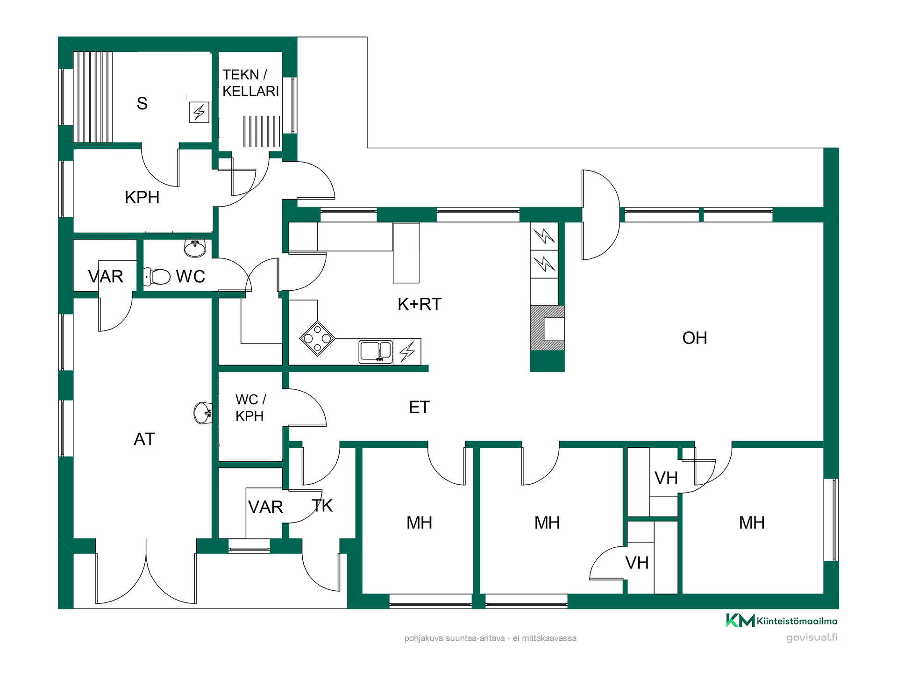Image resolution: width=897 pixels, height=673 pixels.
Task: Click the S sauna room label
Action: pyautogui.click(x=142, y=103)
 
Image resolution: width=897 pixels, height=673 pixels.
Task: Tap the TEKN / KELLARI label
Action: pyautogui.click(x=250, y=83)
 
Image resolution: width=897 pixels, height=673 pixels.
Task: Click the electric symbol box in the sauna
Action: pyautogui.click(x=199, y=112)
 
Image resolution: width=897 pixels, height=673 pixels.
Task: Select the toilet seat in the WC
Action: pyautogui.click(x=157, y=277)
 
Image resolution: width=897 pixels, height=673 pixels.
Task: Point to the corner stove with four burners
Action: pyautogui.click(x=317, y=338)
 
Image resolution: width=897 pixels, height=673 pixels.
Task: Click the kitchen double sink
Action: pyautogui.click(x=376, y=352)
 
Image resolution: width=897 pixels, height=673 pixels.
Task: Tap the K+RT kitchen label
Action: pyautogui.click(x=419, y=304)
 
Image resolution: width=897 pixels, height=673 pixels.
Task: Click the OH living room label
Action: pyautogui.click(x=694, y=338)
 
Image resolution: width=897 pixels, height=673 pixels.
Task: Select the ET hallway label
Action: pyautogui.click(x=419, y=408)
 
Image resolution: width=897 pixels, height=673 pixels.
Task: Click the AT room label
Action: pyautogui.click(x=144, y=439)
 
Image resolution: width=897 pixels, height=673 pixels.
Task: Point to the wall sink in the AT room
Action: pyautogui.click(x=203, y=413)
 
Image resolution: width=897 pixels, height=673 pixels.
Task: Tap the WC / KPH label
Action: pyautogui.click(x=250, y=408)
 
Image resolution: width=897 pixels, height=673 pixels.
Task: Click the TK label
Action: pyautogui.click(x=322, y=506)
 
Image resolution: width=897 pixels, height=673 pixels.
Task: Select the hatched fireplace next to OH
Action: pyautogui.click(x=547, y=328)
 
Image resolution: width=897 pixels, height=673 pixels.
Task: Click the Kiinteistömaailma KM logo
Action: pyautogui.click(x=782, y=621)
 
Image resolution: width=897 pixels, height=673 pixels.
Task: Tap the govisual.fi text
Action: pyautogui.click(x=812, y=637)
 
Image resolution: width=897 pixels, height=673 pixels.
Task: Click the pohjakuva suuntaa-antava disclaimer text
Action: pyautogui.click(x=491, y=638)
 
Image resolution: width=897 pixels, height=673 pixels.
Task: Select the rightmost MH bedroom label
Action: pyautogui.click(x=752, y=523)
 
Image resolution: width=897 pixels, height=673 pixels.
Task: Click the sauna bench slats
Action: pyautogui.click(x=93, y=97)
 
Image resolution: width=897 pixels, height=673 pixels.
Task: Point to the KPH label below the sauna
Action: pyautogui.click(x=142, y=198)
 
